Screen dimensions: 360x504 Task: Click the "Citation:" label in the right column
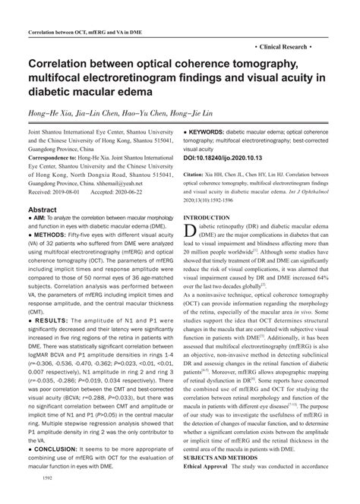click(x=197, y=174)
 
